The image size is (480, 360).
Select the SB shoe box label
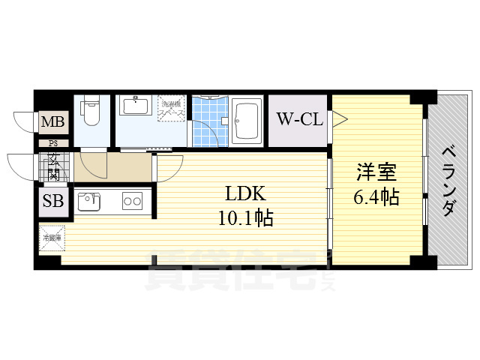[52, 202]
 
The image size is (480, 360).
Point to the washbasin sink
[135, 107]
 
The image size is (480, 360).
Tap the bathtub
[247, 121]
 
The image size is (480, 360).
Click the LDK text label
[245, 193]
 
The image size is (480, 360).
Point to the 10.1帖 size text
[245, 218]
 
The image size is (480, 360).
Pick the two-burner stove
[133, 201]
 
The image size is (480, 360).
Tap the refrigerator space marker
[52, 239]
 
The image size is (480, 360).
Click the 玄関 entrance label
[55, 166]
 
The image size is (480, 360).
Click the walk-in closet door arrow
[339, 118]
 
